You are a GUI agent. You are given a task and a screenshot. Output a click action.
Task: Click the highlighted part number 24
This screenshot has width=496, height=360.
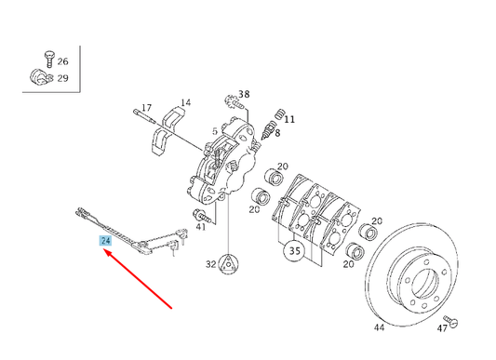point(105,241)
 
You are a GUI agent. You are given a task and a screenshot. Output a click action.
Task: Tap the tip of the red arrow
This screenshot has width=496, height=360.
point(104,249)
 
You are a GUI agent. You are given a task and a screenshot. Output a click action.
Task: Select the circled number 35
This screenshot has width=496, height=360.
point(294,251)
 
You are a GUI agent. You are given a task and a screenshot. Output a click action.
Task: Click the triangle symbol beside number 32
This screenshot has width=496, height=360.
point(228,263)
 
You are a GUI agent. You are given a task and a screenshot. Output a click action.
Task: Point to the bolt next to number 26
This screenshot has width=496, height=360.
point(49,60)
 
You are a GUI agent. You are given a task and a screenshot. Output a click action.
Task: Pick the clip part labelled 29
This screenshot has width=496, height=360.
point(42,78)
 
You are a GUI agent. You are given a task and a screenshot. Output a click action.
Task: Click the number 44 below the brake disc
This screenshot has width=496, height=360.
point(379,327)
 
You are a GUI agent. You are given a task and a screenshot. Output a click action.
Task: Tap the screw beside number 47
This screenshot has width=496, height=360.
point(450,321)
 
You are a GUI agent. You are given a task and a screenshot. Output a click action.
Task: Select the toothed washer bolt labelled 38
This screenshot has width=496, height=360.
point(235,102)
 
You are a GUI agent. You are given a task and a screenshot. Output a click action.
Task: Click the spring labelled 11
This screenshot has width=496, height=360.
point(279,113)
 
